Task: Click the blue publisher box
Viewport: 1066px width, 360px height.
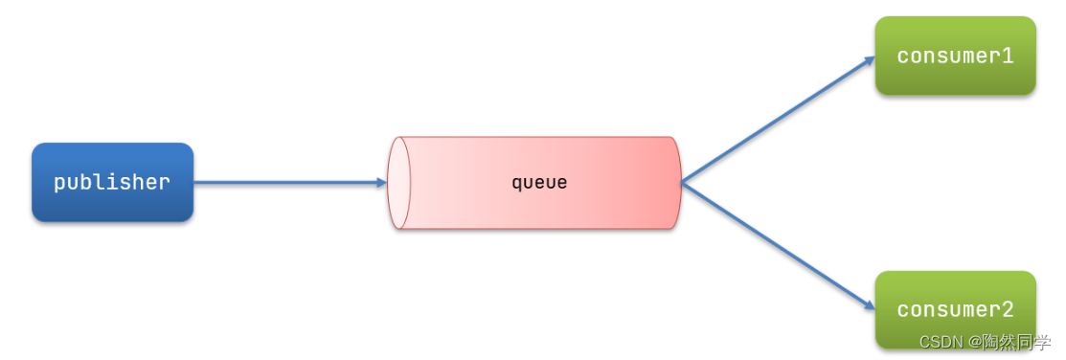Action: point(112,182)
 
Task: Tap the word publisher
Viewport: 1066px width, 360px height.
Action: point(112,182)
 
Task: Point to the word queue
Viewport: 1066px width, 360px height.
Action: point(539,182)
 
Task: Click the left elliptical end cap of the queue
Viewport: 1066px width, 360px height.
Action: point(398,183)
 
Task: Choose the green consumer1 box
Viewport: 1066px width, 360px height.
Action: point(955,56)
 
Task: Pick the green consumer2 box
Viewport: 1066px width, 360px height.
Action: point(955,309)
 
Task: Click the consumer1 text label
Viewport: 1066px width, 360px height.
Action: point(955,56)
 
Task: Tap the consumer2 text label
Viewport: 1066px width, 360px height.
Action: point(955,309)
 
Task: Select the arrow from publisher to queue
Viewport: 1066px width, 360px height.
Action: point(287,182)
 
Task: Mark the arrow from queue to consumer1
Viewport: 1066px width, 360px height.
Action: point(776,120)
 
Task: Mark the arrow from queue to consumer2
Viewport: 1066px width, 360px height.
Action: point(776,245)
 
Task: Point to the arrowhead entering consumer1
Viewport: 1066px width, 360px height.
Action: point(870,59)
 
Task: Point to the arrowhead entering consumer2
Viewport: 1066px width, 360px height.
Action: point(870,306)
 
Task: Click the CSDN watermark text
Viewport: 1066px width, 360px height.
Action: point(941,342)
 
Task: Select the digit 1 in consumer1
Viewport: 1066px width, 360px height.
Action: point(1008,56)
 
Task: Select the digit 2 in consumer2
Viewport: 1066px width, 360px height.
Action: point(1008,309)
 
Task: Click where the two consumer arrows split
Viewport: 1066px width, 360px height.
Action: point(683,182)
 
